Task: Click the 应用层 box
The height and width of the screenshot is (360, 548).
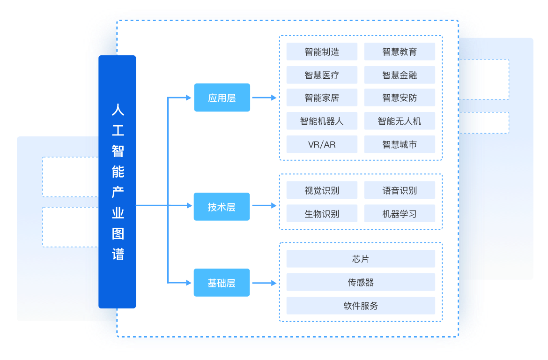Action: click(222, 97)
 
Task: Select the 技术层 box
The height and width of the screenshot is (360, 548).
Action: click(222, 206)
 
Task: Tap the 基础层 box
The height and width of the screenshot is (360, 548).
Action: click(222, 283)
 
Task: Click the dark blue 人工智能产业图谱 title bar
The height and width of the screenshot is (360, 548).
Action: click(117, 182)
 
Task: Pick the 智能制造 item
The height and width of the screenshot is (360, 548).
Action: click(322, 52)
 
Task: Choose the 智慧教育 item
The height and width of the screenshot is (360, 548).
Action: click(400, 52)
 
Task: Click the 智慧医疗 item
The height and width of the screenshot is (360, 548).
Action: click(322, 75)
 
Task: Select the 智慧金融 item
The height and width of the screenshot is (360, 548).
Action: click(400, 75)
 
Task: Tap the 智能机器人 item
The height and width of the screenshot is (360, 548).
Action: click(322, 121)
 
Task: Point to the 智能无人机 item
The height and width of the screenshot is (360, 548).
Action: click(400, 121)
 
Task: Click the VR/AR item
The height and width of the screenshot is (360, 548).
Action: click(322, 144)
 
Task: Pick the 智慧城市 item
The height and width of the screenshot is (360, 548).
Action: click(400, 144)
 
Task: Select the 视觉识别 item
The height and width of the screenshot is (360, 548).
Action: click(322, 190)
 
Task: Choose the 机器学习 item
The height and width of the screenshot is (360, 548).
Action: click(400, 214)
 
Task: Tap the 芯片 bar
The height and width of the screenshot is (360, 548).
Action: click(361, 259)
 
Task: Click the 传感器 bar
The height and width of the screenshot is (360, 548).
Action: click(361, 282)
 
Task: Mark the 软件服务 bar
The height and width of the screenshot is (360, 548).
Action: click(361, 306)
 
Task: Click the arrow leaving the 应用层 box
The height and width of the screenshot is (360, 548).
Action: click(265, 97)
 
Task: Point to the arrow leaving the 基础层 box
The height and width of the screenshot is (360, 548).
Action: click(265, 283)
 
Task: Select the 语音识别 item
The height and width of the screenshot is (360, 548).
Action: click(400, 190)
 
